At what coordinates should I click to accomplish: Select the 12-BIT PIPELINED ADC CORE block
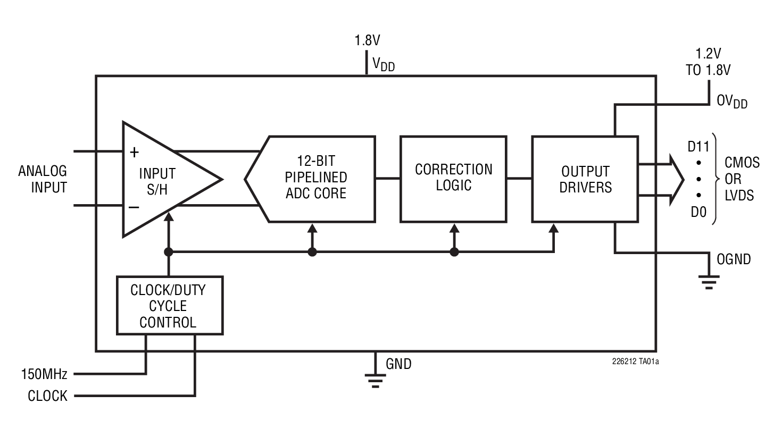(x=314, y=179)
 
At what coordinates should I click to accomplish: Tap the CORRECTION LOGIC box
(x=453, y=179)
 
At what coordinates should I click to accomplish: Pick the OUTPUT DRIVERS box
(x=585, y=179)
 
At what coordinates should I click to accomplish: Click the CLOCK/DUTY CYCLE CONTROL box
(x=169, y=306)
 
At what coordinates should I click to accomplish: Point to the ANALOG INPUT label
(x=43, y=179)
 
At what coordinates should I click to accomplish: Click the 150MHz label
(x=44, y=375)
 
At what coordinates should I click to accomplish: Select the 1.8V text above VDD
(x=367, y=40)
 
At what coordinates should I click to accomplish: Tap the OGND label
(x=734, y=259)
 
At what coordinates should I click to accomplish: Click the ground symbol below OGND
(x=709, y=280)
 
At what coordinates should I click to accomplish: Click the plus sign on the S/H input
(x=135, y=153)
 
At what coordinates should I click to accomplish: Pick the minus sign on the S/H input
(x=135, y=207)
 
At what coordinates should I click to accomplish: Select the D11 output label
(x=698, y=146)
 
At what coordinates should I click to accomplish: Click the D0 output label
(x=698, y=212)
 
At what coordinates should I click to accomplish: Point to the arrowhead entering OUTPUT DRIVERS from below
(x=554, y=229)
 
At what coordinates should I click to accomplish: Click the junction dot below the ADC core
(x=312, y=252)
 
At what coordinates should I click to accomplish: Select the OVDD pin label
(x=732, y=100)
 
